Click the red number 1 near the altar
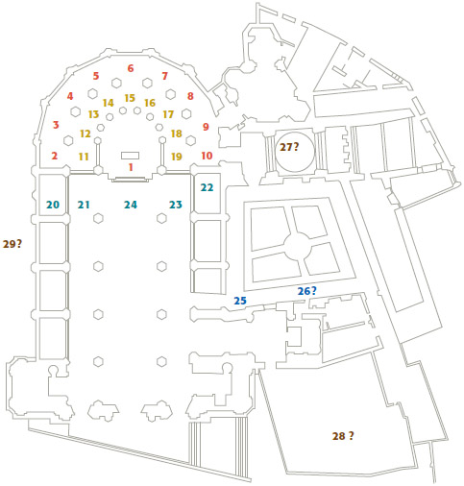(x=131, y=167)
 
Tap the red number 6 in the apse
(x=131, y=68)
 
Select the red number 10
(x=207, y=156)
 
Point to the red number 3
(x=56, y=125)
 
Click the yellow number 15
(x=130, y=98)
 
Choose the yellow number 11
(x=84, y=157)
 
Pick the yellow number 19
(x=177, y=157)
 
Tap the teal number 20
(x=53, y=205)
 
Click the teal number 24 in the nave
(x=131, y=205)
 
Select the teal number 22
(x=207, y=187)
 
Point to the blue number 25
(x=240, y=301)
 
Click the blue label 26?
(x=307, y=291)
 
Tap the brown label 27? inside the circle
(x=289, y=147)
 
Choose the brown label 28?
(x=343, y=436)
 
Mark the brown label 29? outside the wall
(x=12, y=244)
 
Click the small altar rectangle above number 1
(x=130, y=156)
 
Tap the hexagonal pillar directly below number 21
(x=98, y=218)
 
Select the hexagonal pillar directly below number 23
(x=161, y=218)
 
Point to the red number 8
(x=190, y=96)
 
